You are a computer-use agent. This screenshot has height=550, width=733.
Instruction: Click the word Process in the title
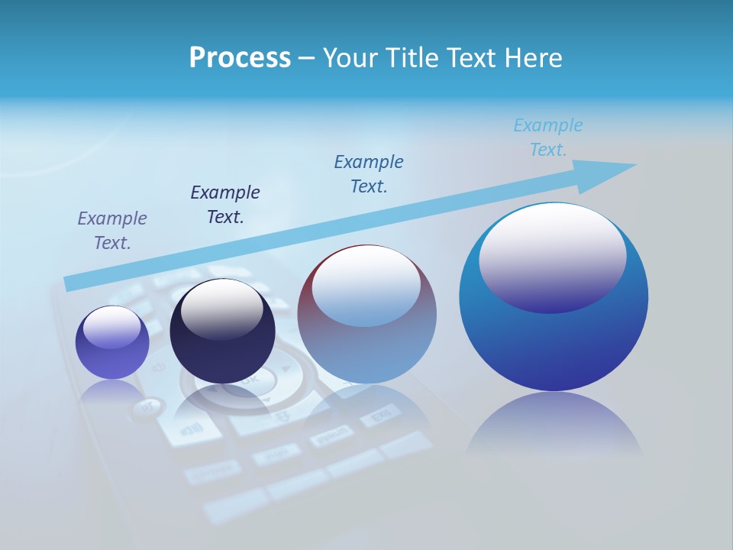[240, 58]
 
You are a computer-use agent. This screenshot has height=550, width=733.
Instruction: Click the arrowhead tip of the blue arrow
[634, 165]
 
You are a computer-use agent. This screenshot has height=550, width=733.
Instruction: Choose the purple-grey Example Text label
[112, 230]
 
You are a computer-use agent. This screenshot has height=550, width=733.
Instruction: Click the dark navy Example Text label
[225, 204]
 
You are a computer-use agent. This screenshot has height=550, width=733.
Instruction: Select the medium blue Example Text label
[369, 173]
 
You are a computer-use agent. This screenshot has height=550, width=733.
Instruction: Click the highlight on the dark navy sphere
[222, 309]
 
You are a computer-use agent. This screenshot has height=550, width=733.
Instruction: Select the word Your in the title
[349, 58]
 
